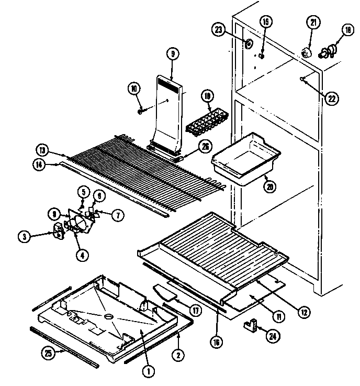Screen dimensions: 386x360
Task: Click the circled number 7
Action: tap(119, 215)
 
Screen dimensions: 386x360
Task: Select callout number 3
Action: tap(24, 236)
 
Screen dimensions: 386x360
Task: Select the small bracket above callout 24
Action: tap(253, 326)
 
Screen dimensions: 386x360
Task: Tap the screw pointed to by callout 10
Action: tap(141, 112)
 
